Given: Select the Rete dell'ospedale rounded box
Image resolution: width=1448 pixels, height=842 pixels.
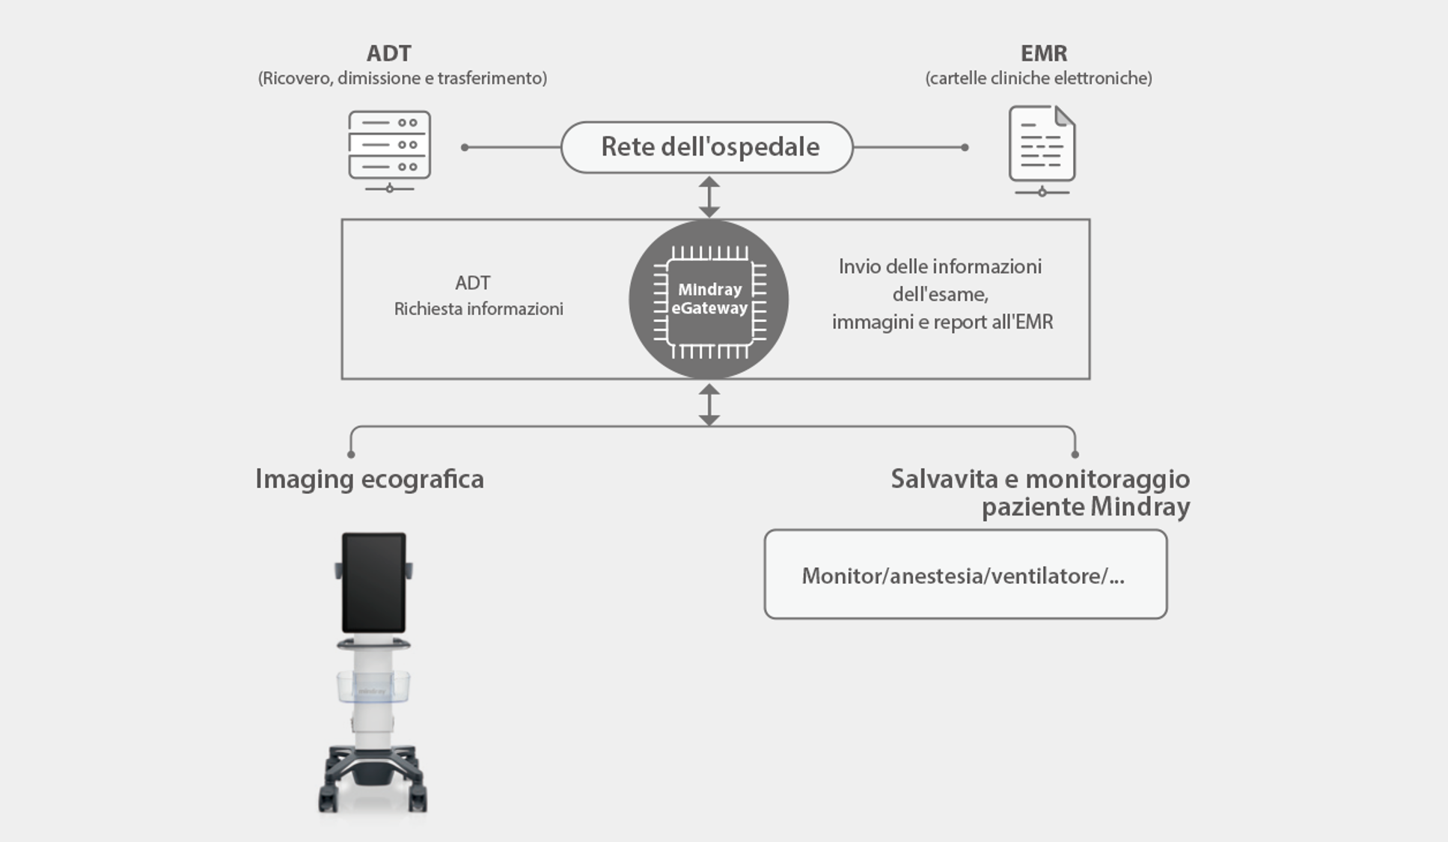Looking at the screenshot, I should click(707, 147).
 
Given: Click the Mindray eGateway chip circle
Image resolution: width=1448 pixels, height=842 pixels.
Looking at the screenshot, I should click(709, 299).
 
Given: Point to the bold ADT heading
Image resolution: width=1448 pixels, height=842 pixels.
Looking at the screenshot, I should click(388, 53).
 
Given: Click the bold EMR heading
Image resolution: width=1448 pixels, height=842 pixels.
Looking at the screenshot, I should click(1043, 53).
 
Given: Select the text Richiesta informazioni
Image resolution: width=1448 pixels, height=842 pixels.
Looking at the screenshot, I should click(478, 309).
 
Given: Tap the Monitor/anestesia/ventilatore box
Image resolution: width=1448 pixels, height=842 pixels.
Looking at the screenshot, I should click(965, 575).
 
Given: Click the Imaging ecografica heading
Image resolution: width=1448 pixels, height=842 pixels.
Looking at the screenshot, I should click(370, 479).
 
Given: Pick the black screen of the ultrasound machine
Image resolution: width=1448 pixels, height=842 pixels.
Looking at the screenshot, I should click(373, 582).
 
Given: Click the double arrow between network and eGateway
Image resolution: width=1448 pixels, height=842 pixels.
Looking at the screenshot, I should click(709, 196).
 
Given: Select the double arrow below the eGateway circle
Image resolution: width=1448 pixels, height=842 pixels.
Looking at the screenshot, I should click(709, 404).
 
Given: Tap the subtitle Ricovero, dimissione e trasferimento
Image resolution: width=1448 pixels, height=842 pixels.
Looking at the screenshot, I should click(402, 78).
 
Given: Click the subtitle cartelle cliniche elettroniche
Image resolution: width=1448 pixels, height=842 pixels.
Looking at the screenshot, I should click(1038, 78).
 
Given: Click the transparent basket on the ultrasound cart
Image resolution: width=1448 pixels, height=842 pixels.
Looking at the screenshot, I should click(372, 687).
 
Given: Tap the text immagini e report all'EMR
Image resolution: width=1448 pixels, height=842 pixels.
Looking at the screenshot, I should click(942, 322).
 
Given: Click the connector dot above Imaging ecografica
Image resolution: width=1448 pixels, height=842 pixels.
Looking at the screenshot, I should click(351, 454).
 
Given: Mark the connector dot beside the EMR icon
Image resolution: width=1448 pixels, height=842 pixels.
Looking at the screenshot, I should click(965, 147).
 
